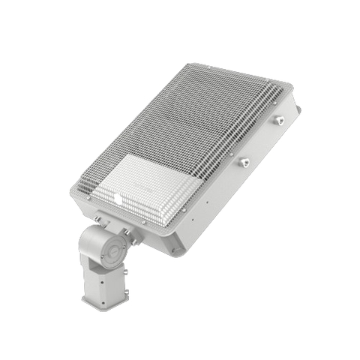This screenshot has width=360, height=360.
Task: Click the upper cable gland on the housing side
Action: (x=280, y=119)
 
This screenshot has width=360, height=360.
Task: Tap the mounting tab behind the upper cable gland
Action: (x=298, y=110)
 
